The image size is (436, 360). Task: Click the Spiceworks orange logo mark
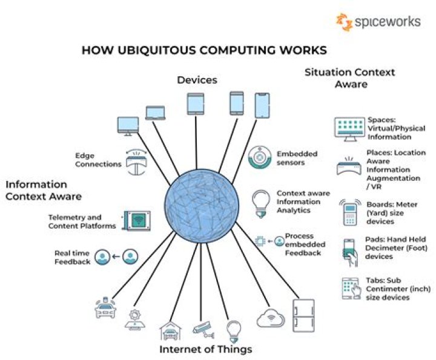(344, 22)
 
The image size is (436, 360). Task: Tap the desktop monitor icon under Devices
(128, 126)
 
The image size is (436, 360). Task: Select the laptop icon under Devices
(156, 113)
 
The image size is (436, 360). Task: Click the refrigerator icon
(303, 316)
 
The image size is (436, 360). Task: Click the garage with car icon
(171, 330)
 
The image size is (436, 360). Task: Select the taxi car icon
(105, 308)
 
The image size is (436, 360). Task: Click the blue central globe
(202, 206)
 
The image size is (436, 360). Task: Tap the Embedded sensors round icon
(260, 157)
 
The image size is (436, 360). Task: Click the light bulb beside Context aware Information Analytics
(260, 204)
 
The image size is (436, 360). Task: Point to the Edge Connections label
(98, 160)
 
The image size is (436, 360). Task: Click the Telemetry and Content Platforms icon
(137, 221)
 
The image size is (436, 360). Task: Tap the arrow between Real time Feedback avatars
(116, 257)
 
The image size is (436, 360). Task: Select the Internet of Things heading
(206, 349)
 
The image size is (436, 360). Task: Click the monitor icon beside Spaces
(349, 129)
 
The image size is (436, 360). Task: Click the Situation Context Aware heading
(350, 78)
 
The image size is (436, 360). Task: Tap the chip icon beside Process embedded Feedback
(260, 241)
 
